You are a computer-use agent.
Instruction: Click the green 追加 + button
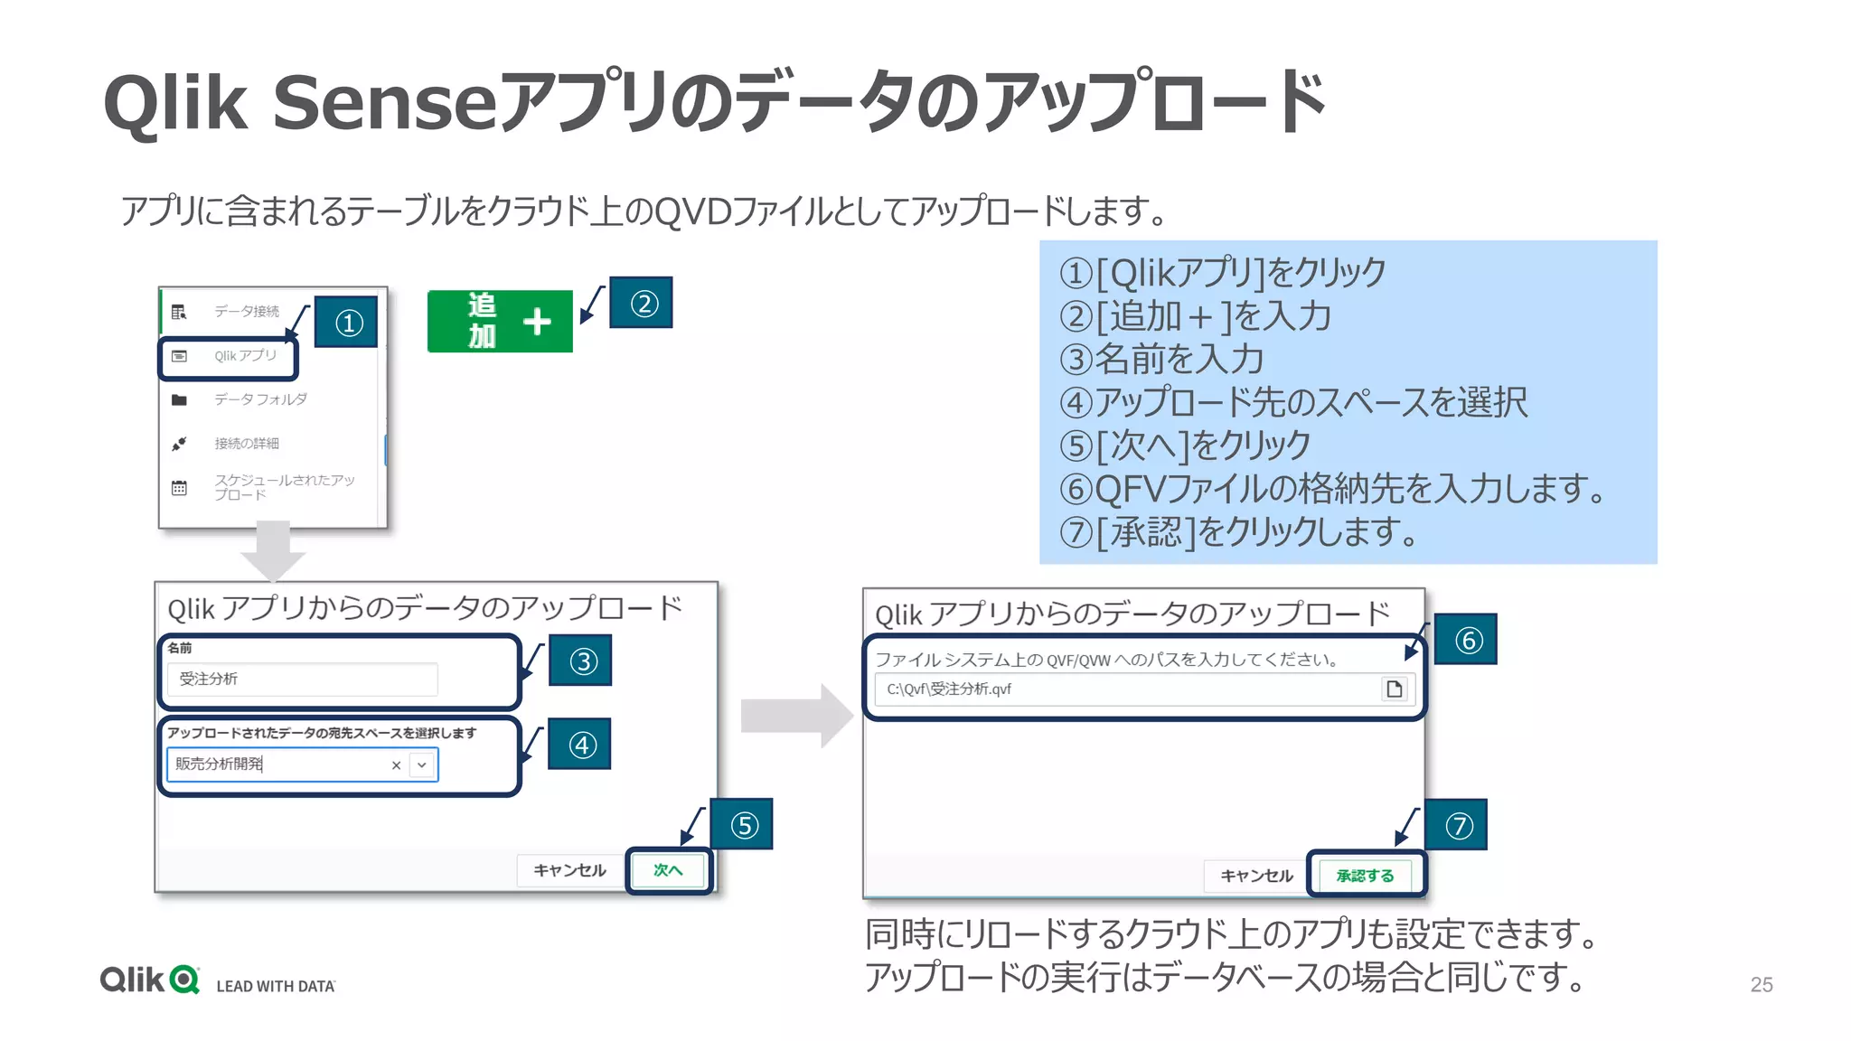click(500, 321)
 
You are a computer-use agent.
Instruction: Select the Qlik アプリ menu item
click(245, 356)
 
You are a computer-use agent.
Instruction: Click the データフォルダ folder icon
click(179, 400)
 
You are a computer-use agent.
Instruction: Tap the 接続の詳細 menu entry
click(246, 444)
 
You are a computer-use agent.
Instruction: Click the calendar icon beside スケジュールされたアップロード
click(179, 488)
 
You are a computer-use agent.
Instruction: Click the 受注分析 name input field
click(302, 679)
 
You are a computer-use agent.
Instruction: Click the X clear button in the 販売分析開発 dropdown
click(396, 765)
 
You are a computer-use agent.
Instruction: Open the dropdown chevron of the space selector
click(422, 765)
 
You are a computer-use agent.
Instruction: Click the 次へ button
click(668, 870)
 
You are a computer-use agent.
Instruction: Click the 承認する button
click(1365, 876)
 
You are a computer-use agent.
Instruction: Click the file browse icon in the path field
click(1395, 689)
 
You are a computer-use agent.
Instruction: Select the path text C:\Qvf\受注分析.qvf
click(949, 689)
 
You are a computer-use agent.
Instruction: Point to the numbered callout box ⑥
click(1466, 640)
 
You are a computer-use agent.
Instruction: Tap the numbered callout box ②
click(641, 304)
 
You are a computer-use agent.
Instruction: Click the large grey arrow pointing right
click(795, 716)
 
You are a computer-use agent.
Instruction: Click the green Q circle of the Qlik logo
click(184, 980)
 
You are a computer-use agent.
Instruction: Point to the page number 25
click(1761, 985)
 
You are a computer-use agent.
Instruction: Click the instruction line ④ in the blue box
click(1292, 402)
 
